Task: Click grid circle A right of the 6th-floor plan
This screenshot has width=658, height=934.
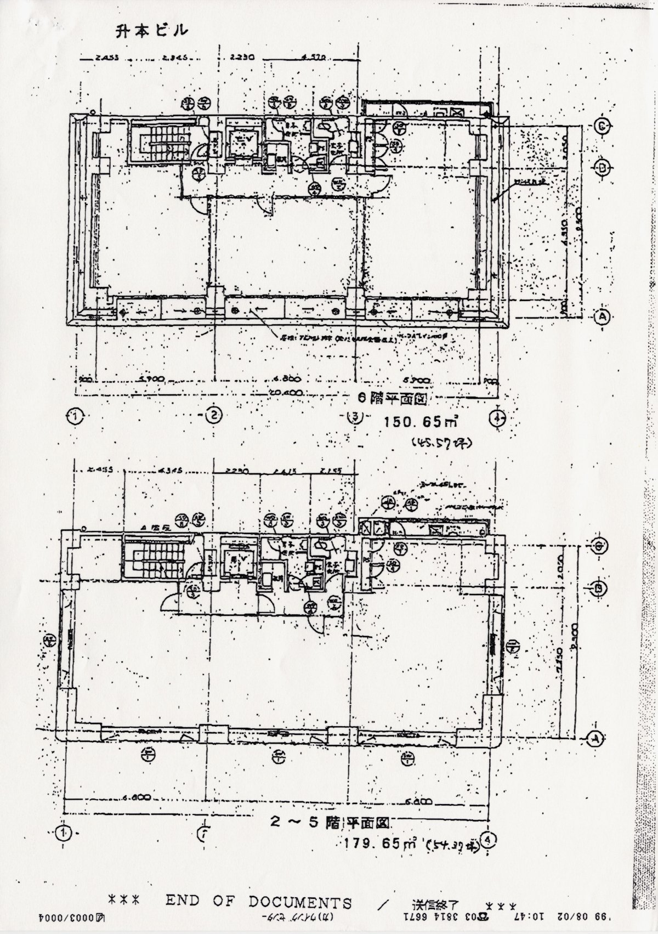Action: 602,316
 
